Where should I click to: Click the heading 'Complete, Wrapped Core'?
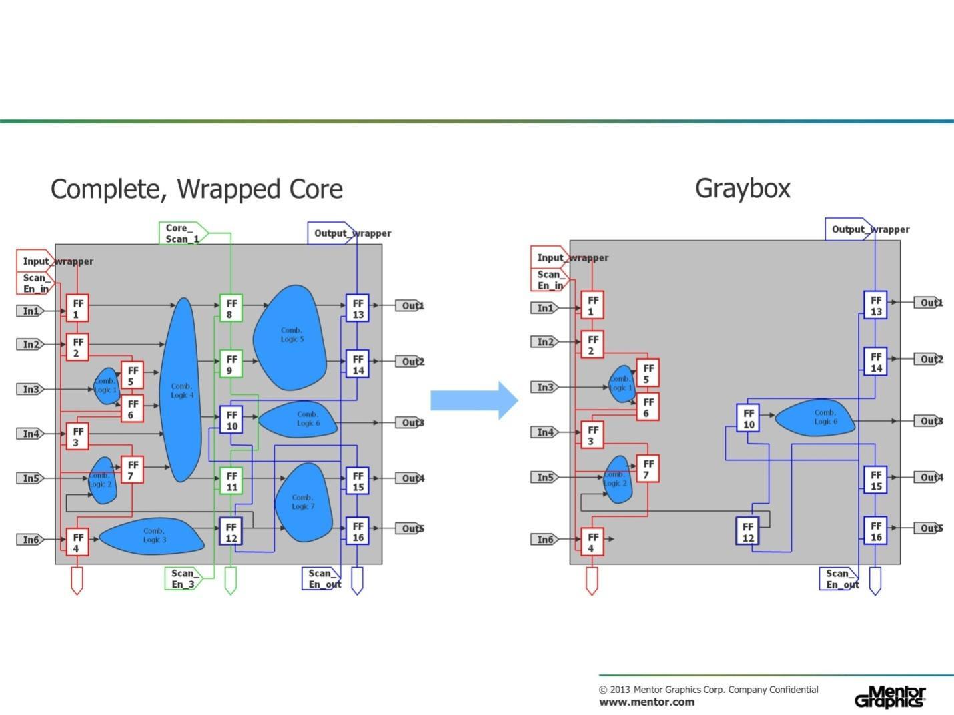click(197, 189)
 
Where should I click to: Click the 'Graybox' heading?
click(743, 188)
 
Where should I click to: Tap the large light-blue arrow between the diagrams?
click(474, 400)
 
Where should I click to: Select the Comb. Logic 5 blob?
click(291, 337)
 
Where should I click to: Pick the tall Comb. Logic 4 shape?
click(181, 390)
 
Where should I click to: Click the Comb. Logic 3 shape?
click(153, 536)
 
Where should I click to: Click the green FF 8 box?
click(231, 308)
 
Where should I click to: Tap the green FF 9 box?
click(231, 364)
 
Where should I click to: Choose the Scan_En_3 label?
click(183, 578)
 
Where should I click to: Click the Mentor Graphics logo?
click(890, 696)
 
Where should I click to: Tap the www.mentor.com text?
click(646, 702)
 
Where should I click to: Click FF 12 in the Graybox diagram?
click(748, 532)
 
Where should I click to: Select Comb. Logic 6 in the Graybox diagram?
click(815, 417)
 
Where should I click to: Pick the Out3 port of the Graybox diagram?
click(928, 421)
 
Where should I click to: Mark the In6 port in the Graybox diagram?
click(545, 539)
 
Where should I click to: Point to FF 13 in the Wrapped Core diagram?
click(358, 308)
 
